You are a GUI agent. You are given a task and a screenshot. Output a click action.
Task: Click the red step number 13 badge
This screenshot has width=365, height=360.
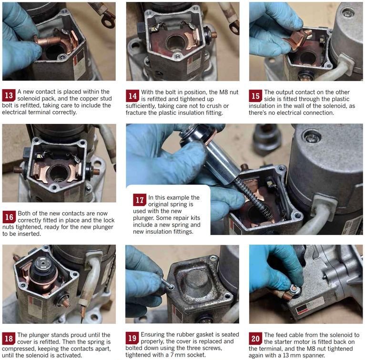point(9,95)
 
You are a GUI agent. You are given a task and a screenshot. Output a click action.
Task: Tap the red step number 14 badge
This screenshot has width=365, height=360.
point(132,95)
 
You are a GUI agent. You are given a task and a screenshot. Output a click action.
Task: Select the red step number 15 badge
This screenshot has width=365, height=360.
point(255,96)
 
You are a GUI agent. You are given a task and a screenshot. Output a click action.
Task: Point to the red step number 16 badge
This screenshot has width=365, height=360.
point(9,217)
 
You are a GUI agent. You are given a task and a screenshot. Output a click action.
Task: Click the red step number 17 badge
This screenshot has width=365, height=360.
point(140,200)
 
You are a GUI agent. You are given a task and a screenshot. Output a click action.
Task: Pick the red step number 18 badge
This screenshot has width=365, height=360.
point(9,339)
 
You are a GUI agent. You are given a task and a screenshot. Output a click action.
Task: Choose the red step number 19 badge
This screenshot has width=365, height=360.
point(132,338)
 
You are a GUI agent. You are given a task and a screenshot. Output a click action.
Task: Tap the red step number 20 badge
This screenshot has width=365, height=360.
point(255,339)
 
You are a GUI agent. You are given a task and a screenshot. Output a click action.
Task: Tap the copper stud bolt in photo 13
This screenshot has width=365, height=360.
point(48,41)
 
